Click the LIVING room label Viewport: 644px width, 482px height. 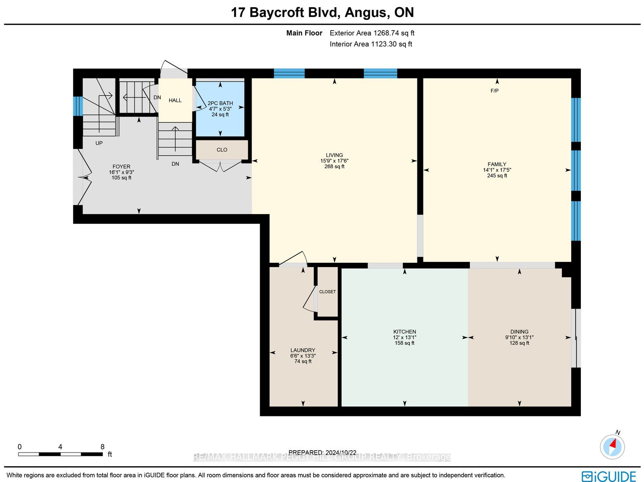point(334,155)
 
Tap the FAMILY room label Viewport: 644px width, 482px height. point(497,164)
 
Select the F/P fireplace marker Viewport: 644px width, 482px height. point(494,91)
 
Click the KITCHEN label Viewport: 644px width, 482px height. point(405,332)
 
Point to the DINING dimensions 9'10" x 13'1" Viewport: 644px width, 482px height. point(519,337)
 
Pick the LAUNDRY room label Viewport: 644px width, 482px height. point(303,350)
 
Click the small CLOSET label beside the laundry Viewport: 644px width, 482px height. point(327,292)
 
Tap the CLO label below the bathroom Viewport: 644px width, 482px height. point(222,150)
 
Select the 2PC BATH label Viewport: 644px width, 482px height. point(220,103)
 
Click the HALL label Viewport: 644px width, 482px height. point(175,100)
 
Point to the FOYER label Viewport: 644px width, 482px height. point(122,167)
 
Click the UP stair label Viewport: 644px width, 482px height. point(99,143)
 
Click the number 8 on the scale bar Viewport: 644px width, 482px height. point(102,447)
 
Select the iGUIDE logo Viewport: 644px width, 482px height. point(609,476)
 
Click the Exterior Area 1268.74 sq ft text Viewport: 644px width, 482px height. point(372,33)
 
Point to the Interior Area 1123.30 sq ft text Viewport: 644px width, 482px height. point(371,44)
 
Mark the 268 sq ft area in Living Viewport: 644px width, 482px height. point(334,166)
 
